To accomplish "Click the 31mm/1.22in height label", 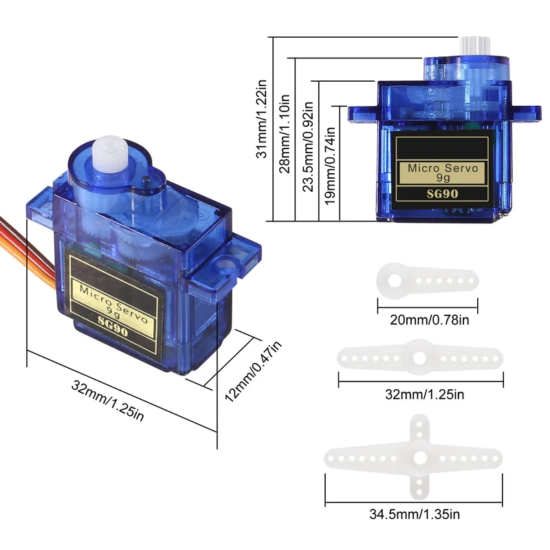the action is pos(262,119).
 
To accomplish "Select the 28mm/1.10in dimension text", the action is pos(285,133).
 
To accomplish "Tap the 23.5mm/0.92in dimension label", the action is pos(308,146).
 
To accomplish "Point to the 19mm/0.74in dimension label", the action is pos(330,166).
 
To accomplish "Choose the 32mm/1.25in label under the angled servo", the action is pos(108,400).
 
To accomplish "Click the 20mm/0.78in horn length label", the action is pos(429,320).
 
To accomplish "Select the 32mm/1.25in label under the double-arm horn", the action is pos(424,395).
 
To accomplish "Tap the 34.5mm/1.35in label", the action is pos(415,514).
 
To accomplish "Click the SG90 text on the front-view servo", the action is pos(442,194).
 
